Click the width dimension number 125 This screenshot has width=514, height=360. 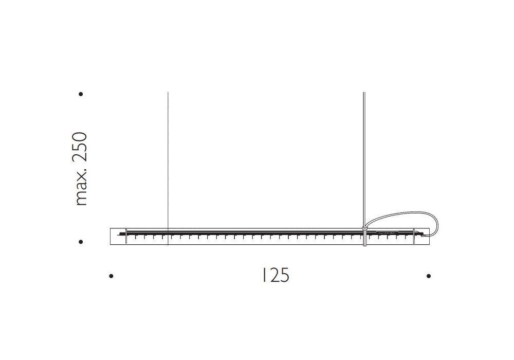[276, 276]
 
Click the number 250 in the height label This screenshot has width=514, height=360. [80, 147]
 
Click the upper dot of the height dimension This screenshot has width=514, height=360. [81, 94]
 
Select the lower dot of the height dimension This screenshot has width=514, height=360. [81, 242]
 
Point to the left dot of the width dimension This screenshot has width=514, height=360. [111, 276]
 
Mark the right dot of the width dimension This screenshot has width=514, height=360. [429, 276]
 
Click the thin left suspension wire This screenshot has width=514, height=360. [168, 168]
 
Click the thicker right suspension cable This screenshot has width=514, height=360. [364, 159]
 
